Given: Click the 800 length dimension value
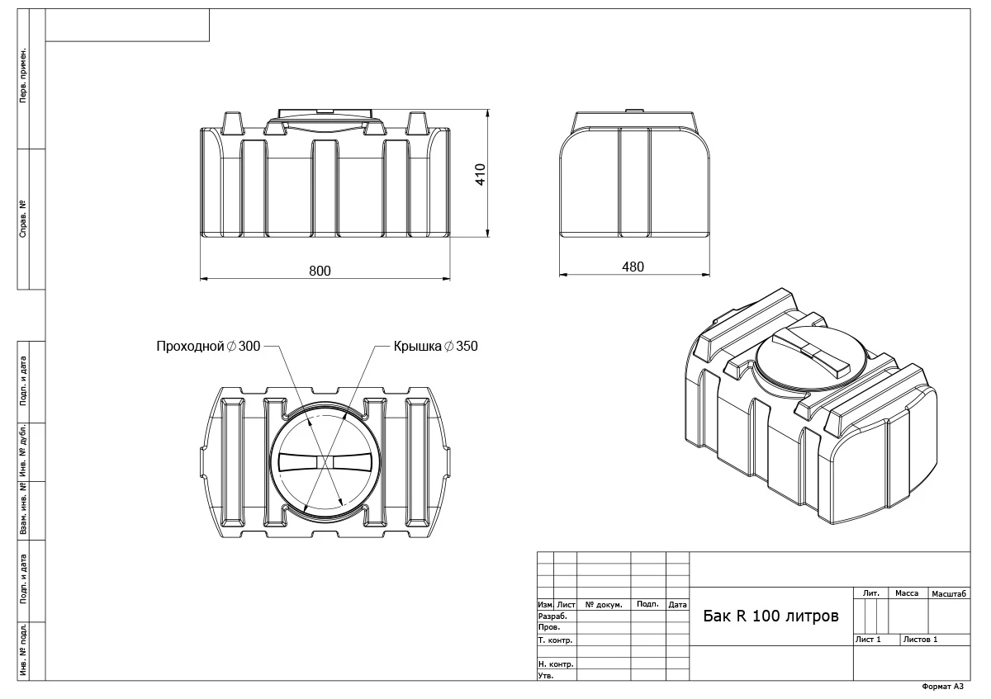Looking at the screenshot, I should (320, 272).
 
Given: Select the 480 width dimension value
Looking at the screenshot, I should (633, 267).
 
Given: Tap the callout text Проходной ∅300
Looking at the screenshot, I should (208, 347).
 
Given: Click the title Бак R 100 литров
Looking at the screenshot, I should (770, 616).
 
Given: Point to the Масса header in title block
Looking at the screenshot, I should (906, 593).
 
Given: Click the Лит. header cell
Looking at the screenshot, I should (870, 593).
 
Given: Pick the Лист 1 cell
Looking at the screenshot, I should (868, 640).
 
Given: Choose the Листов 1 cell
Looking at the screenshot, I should (920, 640).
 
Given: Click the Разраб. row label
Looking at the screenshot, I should (552, 616).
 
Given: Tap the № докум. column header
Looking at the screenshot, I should (603, 605).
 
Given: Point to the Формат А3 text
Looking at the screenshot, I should (942, 687).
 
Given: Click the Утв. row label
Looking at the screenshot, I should (546, 675).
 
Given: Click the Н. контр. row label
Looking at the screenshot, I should (555, 664).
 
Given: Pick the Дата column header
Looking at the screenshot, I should (677, 605).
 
